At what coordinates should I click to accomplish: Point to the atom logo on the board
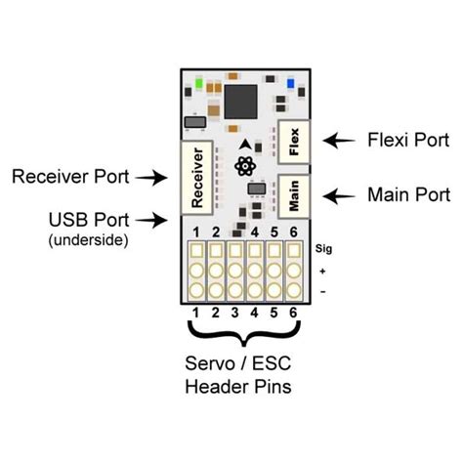pyautogui.click(x=245, y=162)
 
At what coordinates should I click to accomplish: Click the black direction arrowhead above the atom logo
pyautogui.click(x=244, y=144)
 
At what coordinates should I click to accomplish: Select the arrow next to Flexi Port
pyautogui.click(x=337, y=141)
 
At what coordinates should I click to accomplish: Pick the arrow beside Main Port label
pyautogui.click(x=337, y=196)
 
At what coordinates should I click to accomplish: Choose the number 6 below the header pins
pyautogui.click(x=293, y=313)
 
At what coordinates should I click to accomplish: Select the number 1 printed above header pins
pyautogui.click(x=196, y=231)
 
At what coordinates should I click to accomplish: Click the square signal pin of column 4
pyautogui.click(x=254, y=252)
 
